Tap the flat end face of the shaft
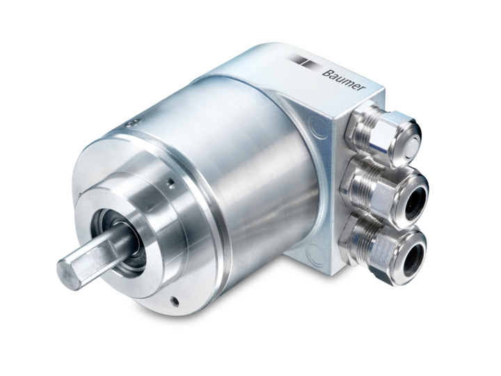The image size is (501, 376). [x=77, y=265]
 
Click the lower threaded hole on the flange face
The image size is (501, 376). [x=173, y=300]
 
